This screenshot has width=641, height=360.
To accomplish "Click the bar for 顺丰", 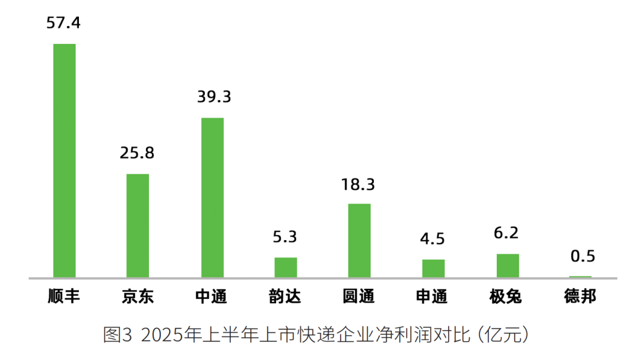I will click(64, 160).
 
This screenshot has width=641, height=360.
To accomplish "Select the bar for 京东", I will click(138, 225).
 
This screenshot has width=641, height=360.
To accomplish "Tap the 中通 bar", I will click(212, 197).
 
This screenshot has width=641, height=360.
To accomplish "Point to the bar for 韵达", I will click(285, 267).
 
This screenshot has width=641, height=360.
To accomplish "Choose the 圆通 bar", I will click(359, 240).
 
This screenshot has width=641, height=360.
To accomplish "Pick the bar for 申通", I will click(433, 268).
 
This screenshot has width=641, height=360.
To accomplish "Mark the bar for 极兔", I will click(507, 265).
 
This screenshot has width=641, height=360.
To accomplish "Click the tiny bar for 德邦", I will click(580, 276).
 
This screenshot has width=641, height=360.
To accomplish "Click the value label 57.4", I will click(64, 23).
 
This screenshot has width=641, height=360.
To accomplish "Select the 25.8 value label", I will click(137, 153).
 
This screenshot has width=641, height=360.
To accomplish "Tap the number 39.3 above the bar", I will click(212, 97).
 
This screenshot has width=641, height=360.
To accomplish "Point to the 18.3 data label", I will click(358, 184).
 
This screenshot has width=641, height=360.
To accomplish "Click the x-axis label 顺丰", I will click(64, 297).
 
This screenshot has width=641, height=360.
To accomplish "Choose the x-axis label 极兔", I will click(506, 297).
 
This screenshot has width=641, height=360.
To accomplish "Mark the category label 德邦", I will click(580, 297).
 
